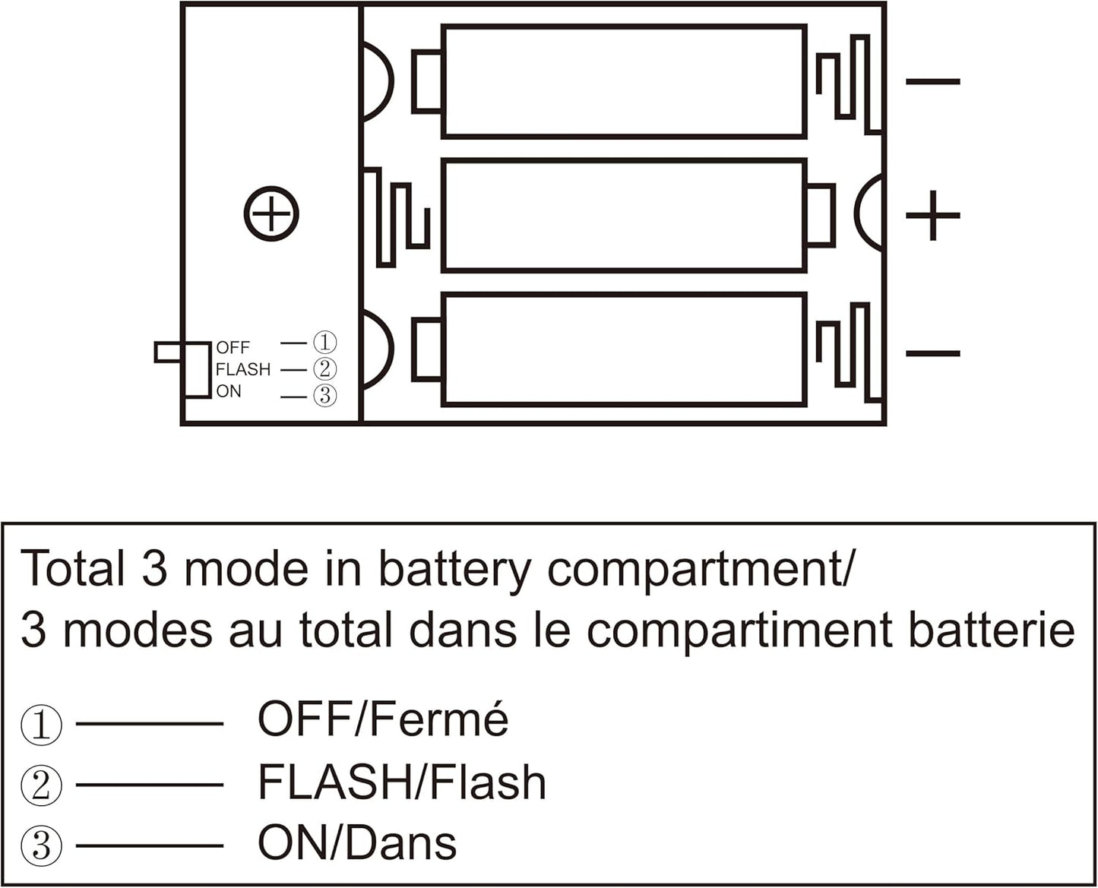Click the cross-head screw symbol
271,213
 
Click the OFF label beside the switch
233,348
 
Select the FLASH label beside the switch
243,369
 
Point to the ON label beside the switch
229,392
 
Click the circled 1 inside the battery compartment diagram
325,343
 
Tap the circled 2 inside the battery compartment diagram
325,369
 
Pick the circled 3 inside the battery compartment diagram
325,396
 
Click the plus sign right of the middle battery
932,216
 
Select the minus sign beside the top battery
933,81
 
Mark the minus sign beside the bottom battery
933,353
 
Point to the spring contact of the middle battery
396,216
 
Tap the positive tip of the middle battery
821,215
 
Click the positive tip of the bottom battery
427,350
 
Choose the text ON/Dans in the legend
356,843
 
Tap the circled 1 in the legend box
41,724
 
